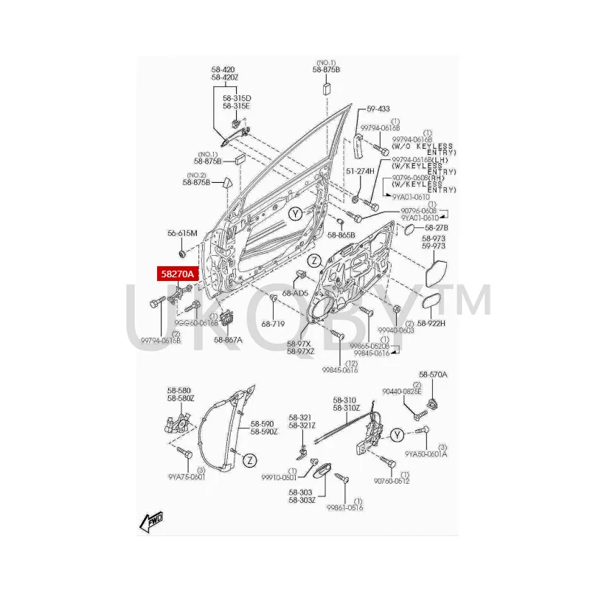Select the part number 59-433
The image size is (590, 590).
[x=378, y=108]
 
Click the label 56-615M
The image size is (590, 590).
[x=182, y=233]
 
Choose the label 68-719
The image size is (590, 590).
[x=273, y=324]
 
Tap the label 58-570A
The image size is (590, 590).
[x=434, y=375]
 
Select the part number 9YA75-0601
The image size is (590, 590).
[x=186, y=476]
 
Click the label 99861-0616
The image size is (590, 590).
[x=347, y=508]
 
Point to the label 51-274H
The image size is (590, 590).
[x=361, y=171]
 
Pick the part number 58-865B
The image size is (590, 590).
[x=341, y=235]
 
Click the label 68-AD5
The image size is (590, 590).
[x=296, y=293]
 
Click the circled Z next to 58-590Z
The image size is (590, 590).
[x=250, y=461]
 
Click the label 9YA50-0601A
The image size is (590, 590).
[x=426, y=454]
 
